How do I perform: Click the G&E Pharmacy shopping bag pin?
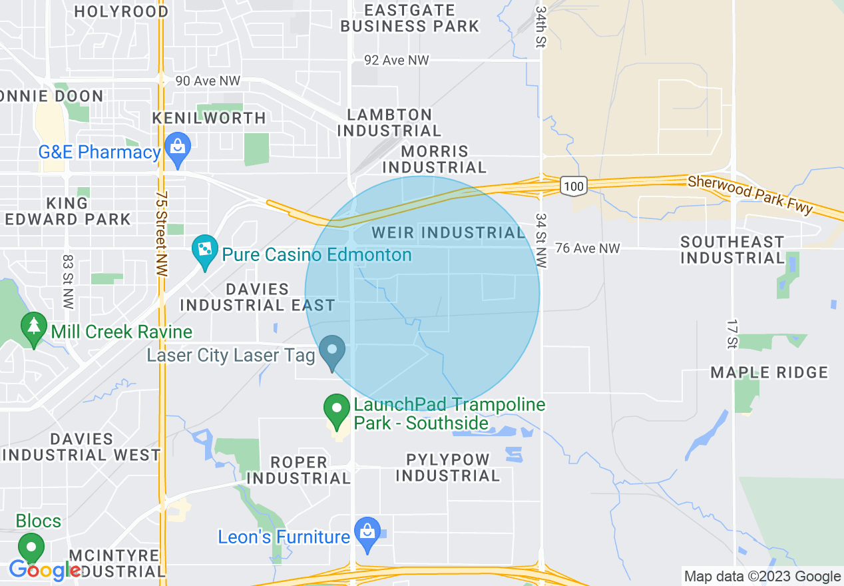(x=178, y=145)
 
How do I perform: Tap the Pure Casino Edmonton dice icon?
(x=204, y=250)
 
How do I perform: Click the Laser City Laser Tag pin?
(x=331, y=350)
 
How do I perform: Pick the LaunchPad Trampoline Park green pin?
(x=337, y=408)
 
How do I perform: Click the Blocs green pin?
(x=31, y=547)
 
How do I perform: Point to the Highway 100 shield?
(x=572, y=186)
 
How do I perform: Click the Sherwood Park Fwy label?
(x=750, y=194)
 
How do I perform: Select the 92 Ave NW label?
(x=397, y=61)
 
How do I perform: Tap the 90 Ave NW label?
(x=207, y=81)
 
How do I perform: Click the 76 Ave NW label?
(x=588, y=248)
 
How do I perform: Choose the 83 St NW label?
(x=67, y=281)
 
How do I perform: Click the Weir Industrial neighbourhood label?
(x=448, y=232)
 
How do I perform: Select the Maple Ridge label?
(x=769, y=372)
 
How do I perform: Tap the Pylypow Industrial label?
(x=447, y=467)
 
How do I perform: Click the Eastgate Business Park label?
(x=410, y=18)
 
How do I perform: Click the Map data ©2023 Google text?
(x=763, y=577)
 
